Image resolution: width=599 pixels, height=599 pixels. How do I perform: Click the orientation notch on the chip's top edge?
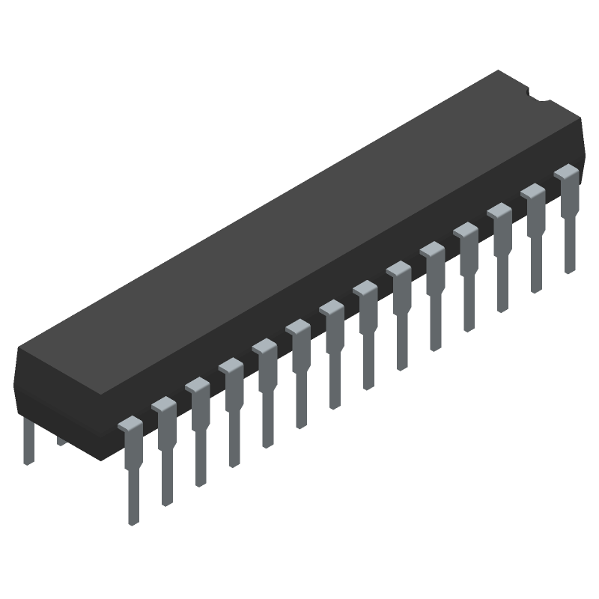[538, 96]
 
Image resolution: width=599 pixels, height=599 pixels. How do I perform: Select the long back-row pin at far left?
[28, 442]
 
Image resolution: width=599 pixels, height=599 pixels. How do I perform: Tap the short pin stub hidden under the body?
[61, 441]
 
